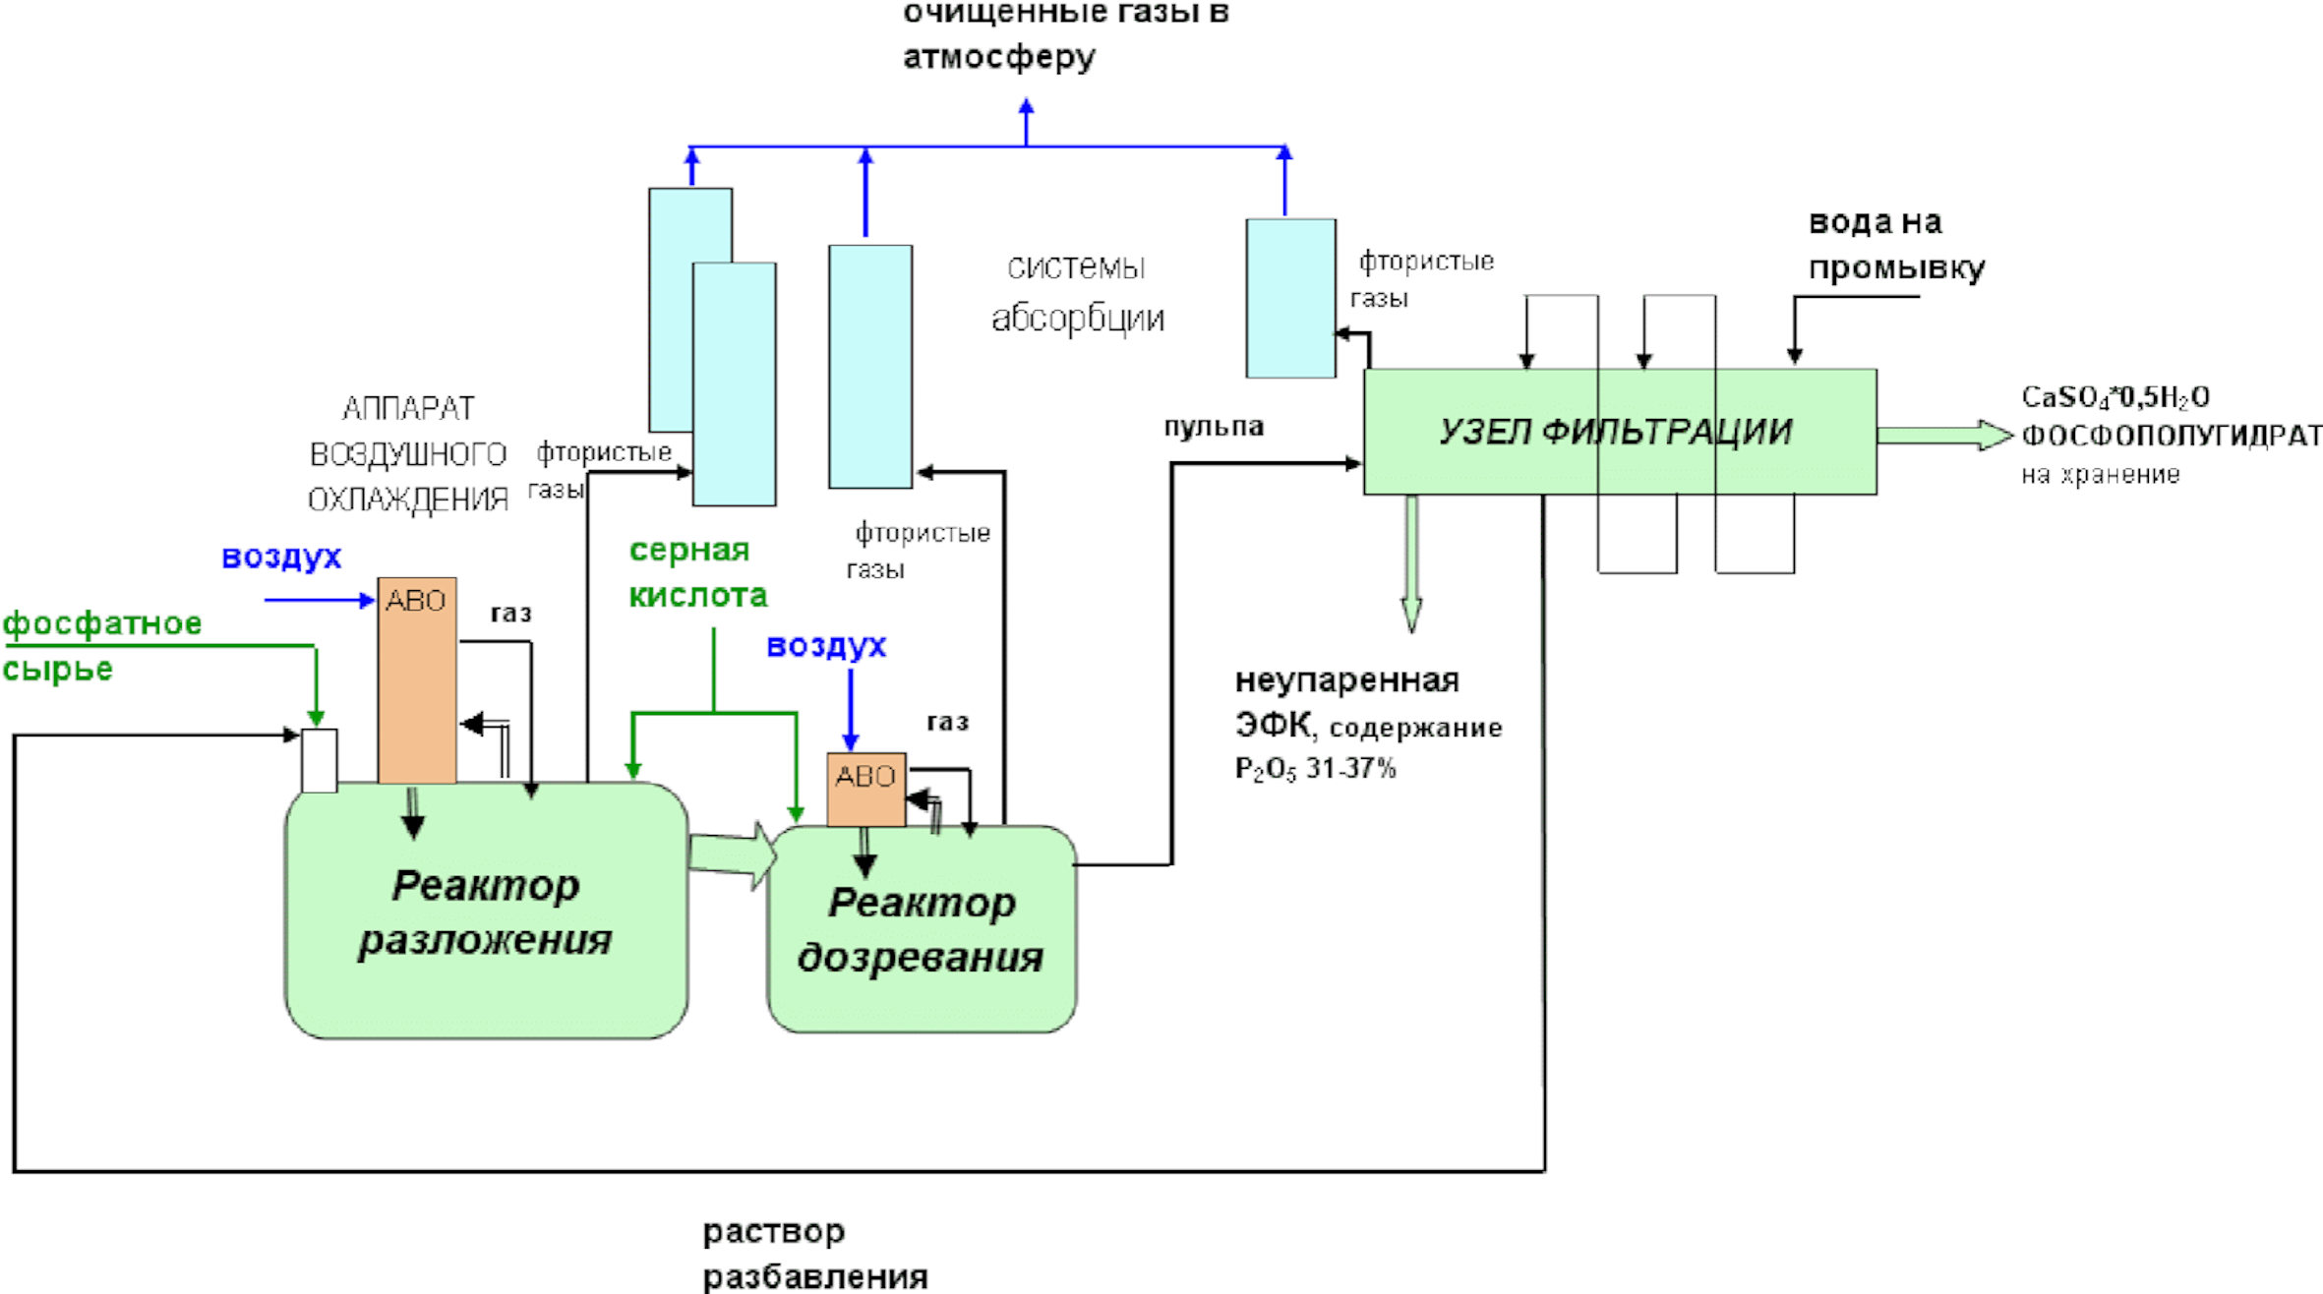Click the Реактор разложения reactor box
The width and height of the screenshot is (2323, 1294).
tap(486, 910)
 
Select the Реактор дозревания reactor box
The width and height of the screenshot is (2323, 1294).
tap(922, 929)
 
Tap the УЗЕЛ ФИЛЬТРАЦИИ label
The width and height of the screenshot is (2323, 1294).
tap(1615, 432)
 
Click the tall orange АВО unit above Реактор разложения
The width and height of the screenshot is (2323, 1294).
tap(417, 680)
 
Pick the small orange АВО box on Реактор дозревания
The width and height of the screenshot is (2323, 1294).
tap(865, 790)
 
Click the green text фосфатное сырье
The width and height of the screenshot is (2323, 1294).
tap(102, 646)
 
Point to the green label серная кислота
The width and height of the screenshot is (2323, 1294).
tap(697, 572)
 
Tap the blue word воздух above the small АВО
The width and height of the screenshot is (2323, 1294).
tap(826, 646)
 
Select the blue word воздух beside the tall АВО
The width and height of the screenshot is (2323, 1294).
tap(281, 557)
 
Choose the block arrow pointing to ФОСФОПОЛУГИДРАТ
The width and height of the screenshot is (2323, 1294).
tap(1944, 435)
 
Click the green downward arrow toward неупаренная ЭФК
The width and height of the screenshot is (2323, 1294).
tap(1411, 562)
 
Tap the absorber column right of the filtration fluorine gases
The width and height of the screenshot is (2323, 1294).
tap(1290, 298)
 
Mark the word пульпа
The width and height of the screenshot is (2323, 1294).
tap(1214, 427)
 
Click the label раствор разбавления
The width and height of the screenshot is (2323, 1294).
tap(815, 1254)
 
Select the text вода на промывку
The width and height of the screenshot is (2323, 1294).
tap(1896, 246)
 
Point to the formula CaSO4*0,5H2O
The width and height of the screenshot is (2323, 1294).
tap(2115, 397)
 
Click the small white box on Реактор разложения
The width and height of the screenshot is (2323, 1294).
tap(319, 760)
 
